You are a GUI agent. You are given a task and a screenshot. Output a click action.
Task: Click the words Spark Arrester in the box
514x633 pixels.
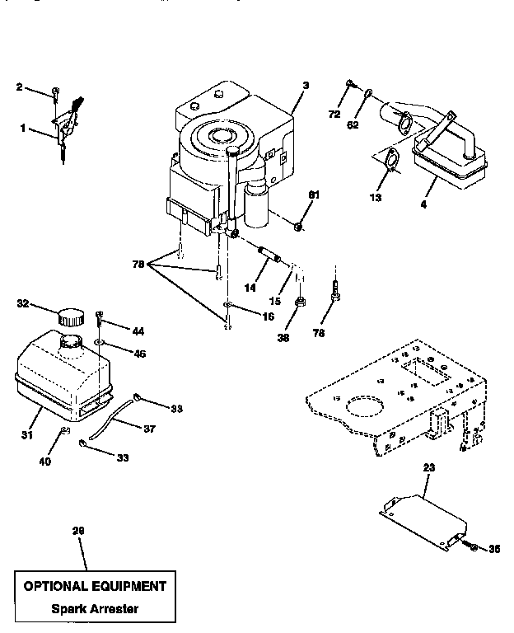[x=93, y=609]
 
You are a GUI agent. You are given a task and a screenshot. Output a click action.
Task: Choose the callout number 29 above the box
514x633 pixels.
[x=79, y=532]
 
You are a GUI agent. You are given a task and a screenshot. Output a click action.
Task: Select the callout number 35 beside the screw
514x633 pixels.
[x=493, y=547]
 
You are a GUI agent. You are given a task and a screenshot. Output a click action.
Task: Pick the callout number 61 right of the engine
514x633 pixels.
[x=313, y=195]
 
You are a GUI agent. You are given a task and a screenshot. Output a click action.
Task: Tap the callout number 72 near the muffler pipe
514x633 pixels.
[x=334, y=115]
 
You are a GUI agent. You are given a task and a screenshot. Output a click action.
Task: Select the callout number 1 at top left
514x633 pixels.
[x=22, y=129]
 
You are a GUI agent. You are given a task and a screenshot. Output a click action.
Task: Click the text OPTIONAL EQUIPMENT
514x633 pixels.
[x=94, y=587]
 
